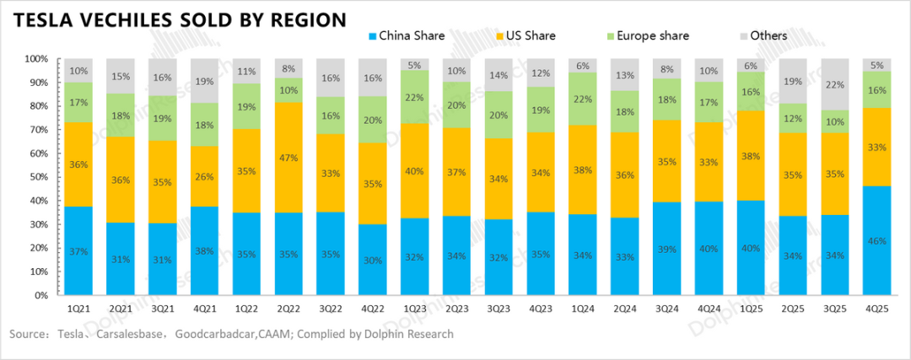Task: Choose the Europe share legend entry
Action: (x=648, y=36)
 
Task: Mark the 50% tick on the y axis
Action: (x=36, y=177)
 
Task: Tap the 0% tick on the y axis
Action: (x=39, y=296)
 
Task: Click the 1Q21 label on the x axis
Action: (x=78, y=309)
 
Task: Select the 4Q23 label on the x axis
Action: (x=542, y=309)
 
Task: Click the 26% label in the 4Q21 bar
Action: (x=205, y=175)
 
